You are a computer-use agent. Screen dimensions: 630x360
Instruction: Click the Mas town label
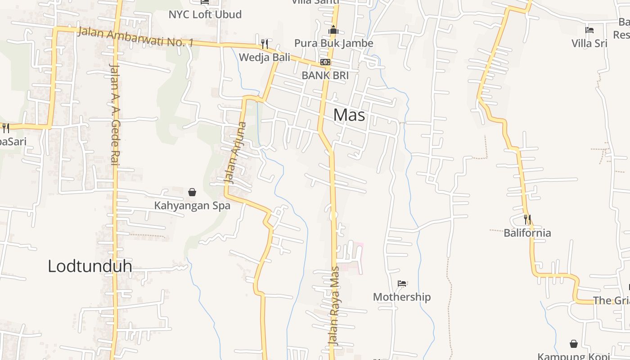349,115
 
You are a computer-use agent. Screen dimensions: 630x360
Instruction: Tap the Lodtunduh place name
90,266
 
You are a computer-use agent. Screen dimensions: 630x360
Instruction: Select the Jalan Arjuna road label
236,153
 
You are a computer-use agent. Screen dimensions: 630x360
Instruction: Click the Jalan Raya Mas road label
334,306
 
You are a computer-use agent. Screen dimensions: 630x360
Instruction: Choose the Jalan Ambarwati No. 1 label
135,37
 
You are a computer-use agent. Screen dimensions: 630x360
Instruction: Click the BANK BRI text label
325,75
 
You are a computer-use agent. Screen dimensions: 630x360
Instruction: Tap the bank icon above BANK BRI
325,62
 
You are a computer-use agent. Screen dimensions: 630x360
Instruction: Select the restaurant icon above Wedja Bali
265,44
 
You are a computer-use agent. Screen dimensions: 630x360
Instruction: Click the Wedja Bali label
264,57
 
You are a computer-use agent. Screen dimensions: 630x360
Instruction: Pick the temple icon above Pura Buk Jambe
333,30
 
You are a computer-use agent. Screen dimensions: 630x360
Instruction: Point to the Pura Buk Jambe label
333,43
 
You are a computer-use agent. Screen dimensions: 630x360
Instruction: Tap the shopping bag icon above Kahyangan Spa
192,192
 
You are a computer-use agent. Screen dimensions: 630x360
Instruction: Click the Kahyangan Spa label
192,206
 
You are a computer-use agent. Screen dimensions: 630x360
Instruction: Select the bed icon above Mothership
402,283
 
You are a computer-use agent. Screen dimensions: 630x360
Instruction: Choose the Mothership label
402,297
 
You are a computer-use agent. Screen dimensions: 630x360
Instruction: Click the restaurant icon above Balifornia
527,220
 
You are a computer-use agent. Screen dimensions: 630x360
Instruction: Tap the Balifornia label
527,233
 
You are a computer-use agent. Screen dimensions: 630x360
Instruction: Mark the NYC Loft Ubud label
205,14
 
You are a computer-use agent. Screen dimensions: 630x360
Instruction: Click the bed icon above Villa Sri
589,30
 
